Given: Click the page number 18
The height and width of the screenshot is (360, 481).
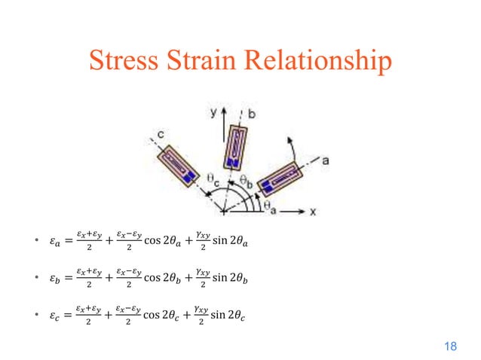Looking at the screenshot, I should [451, 346].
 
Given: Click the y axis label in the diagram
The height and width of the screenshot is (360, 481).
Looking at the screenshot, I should [213, 111].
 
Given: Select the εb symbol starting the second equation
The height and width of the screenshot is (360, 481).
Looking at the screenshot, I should [49, 279].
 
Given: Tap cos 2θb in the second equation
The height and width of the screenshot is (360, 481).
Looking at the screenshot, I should [161, 279].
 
